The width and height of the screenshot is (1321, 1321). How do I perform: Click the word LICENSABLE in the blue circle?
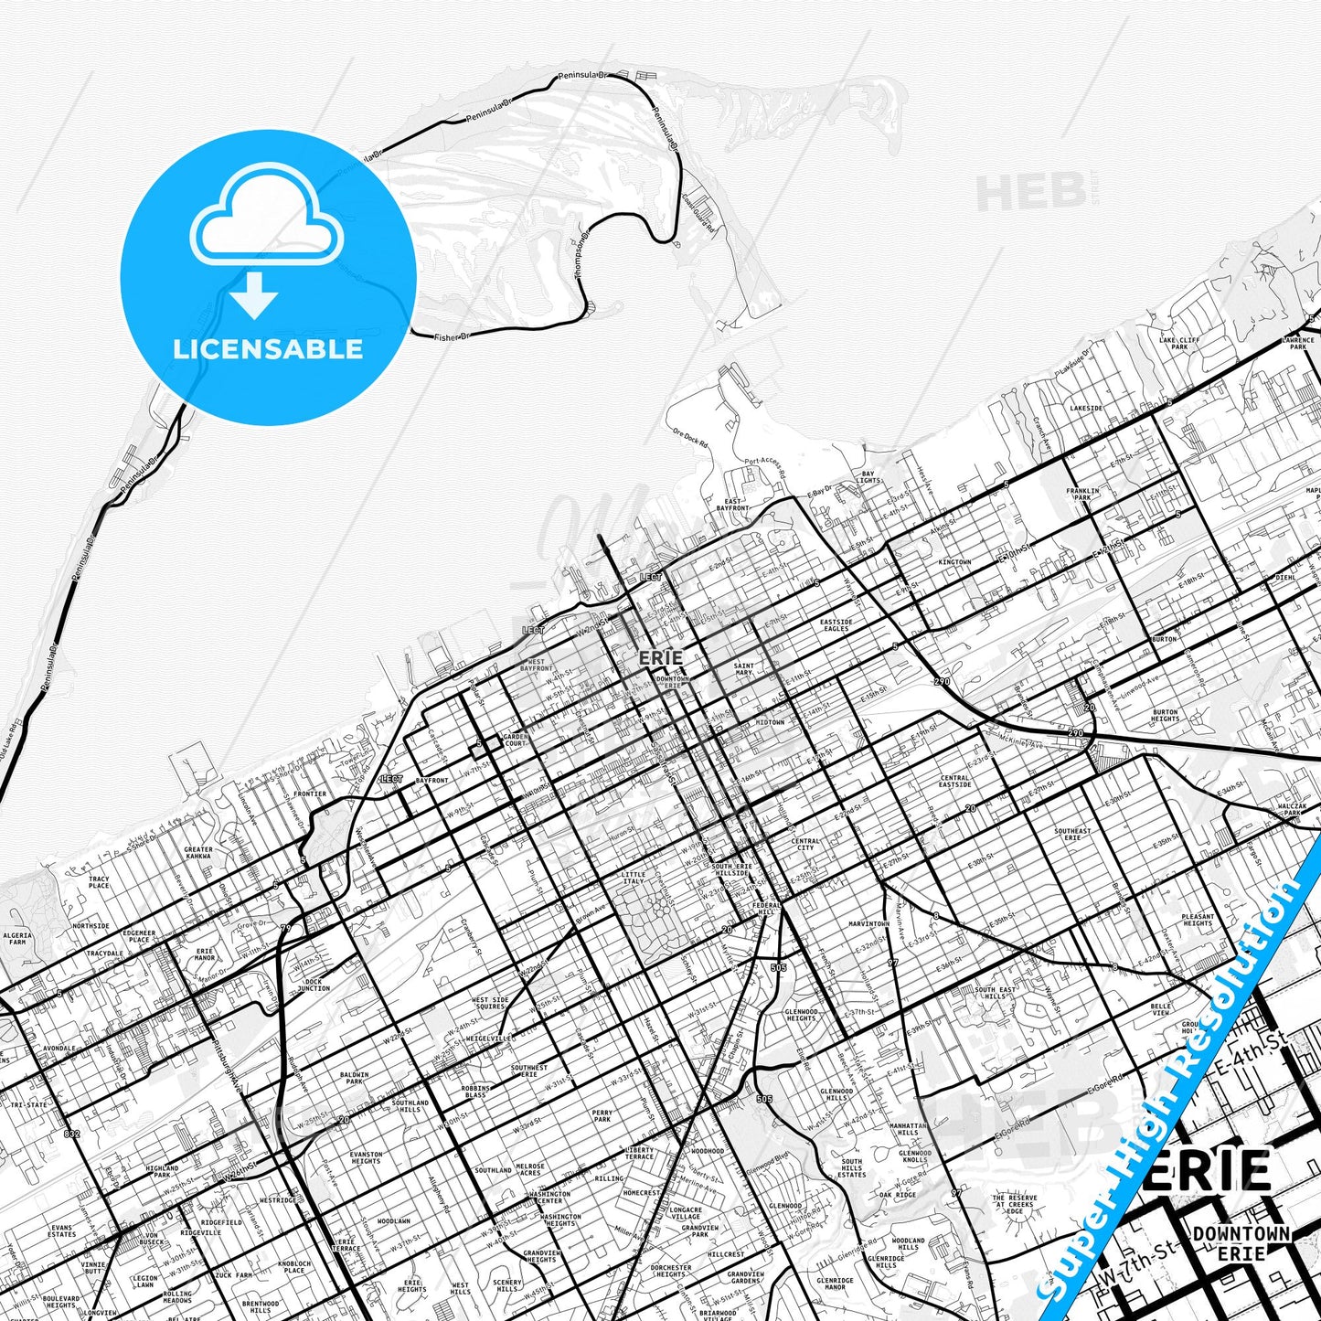click(x=268, y=349)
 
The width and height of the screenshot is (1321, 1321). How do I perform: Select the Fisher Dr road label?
click(x=452, y=337)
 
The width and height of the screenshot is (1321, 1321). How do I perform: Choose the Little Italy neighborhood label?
click(x=633, y=878)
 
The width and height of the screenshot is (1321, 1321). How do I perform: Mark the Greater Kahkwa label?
click(x=198, y=853)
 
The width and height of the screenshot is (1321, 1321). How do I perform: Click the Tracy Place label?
click(x=99, y=882)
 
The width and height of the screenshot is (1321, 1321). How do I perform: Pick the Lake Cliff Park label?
click(x=1179, y=344)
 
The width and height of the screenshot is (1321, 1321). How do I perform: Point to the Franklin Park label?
click(x=1082, y=495)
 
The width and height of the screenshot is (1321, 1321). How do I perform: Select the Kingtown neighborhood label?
click(x=954, y=562)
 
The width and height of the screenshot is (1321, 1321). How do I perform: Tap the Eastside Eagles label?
click(x=836, y=625)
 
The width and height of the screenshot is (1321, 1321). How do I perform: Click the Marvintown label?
click(x=868, y=924)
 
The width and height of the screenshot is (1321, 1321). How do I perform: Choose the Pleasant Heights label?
click(x=1198, y=920)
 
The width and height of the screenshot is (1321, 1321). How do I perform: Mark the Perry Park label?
click(x=602, y=1116)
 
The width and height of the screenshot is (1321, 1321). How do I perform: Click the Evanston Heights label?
click(x=366, y=1157)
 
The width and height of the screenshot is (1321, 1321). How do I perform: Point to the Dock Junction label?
click(x=314, y=985)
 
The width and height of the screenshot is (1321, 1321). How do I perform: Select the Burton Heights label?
click(x=1165, y=716)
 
